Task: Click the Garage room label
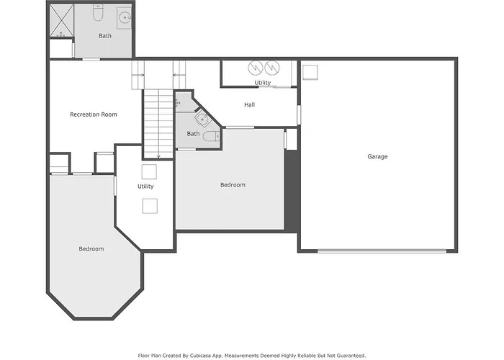click(x=377, y=156)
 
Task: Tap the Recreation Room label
click(x=94, y=114)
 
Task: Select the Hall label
click(x=249, y=104)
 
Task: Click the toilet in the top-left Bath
click(x=97, y=13)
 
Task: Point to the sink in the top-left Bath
click(x=124, y=18)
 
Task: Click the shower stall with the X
click(x=61, y=21)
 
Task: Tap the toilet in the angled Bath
click(x=211, y=136)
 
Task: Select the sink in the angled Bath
click(x=202, y=119)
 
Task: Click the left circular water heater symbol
click(x=255, y=68)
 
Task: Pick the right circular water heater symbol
click(x=272, y=68)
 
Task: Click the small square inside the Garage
click(x=310, y=72)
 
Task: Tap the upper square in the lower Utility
click(x=149, y=171)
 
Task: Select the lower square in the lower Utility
click(x=150, y=206)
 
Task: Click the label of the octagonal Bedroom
click(x=91, y=249)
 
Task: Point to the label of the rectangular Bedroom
click(x=233, y=185)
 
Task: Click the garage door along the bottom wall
click(x=382, y=251)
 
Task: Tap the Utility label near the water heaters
click(x=263, y=83)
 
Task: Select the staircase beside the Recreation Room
click(x=158, y=124)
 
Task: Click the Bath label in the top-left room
click(x=105, y=36)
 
